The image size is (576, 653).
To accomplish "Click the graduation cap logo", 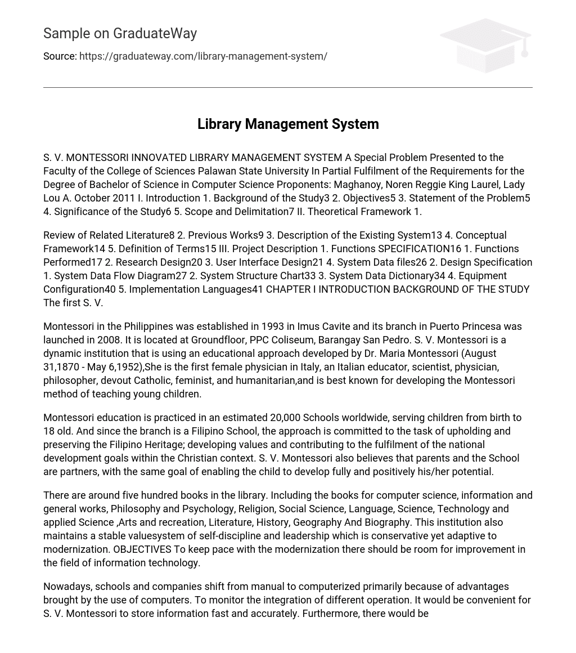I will [x=485, y=45].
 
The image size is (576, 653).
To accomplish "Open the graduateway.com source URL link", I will [x=203, y=56].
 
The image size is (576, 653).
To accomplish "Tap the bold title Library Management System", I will [x=288, y=124].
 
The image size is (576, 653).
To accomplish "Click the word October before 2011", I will [x=93, y=198].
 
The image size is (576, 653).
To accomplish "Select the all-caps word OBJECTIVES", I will [x=142, y=549].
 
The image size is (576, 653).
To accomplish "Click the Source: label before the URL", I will [x=60, y=56].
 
